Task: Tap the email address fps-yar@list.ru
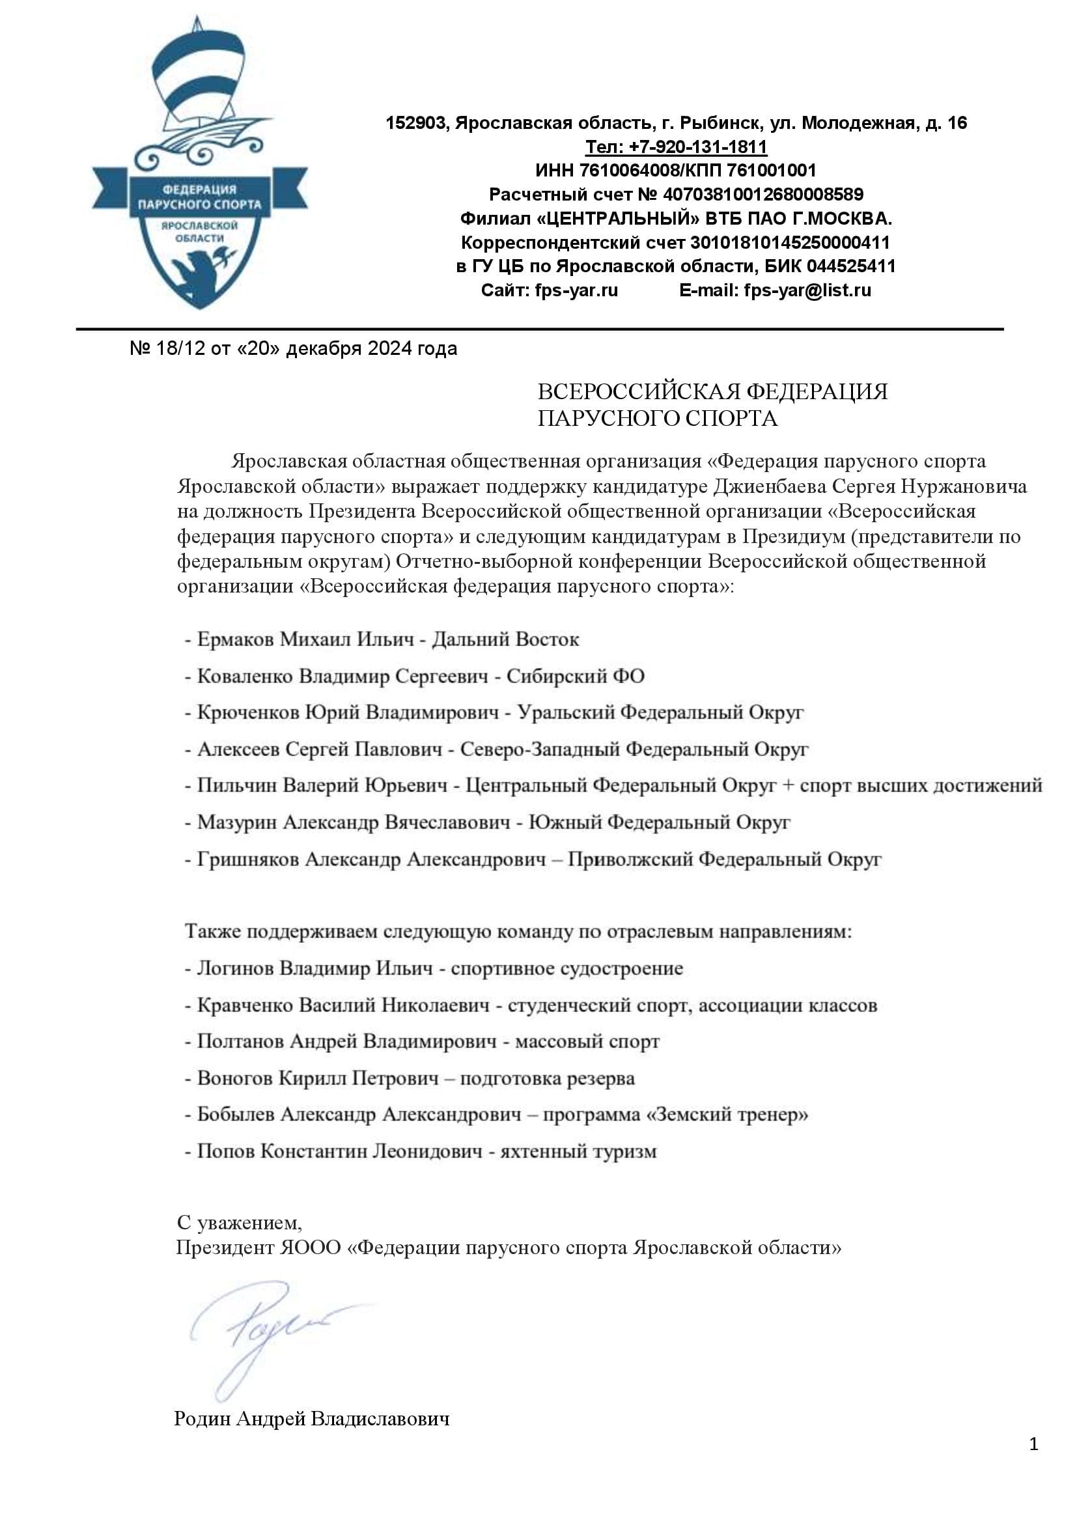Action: (807, 290)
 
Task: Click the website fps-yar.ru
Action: (576, 290)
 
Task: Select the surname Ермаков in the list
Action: (235, 639)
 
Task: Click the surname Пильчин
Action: (236, 785)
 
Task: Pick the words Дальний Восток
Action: (505, 639)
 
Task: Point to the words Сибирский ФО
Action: (575, 677)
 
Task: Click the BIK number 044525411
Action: (852, 266)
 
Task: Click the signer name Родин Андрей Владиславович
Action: (312, 1419)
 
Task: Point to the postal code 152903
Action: (416, 122)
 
